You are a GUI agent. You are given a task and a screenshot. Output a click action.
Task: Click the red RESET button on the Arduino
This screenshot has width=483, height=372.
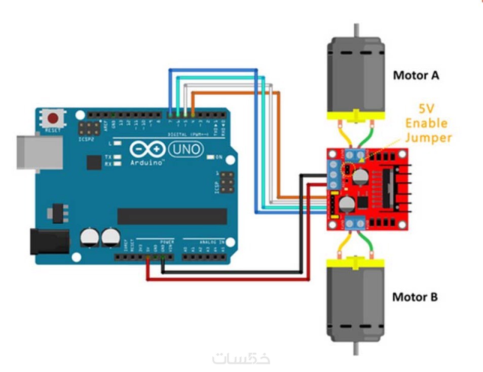[53, 119]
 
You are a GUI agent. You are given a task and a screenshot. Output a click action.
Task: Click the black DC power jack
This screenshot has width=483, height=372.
[49, 241]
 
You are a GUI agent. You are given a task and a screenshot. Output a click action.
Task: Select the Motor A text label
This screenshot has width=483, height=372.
[416, 75]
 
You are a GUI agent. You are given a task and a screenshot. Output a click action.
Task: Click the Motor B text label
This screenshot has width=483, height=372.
[415, 297]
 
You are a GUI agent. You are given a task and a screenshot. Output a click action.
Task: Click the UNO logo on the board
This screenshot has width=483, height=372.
[185, 149]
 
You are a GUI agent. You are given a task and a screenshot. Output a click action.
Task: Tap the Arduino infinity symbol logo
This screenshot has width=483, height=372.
[147, 149]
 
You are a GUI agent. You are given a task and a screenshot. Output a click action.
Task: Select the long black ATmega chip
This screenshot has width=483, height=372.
[172, 216]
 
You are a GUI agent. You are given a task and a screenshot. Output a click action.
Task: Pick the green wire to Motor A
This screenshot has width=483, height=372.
[367, 135]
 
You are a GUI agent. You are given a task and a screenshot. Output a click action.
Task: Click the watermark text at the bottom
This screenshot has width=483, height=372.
[241, 358]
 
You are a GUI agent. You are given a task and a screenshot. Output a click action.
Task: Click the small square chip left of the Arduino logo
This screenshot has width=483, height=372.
[94, 162]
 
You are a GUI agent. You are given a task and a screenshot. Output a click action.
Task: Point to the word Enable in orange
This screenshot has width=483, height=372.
[427, 123]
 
